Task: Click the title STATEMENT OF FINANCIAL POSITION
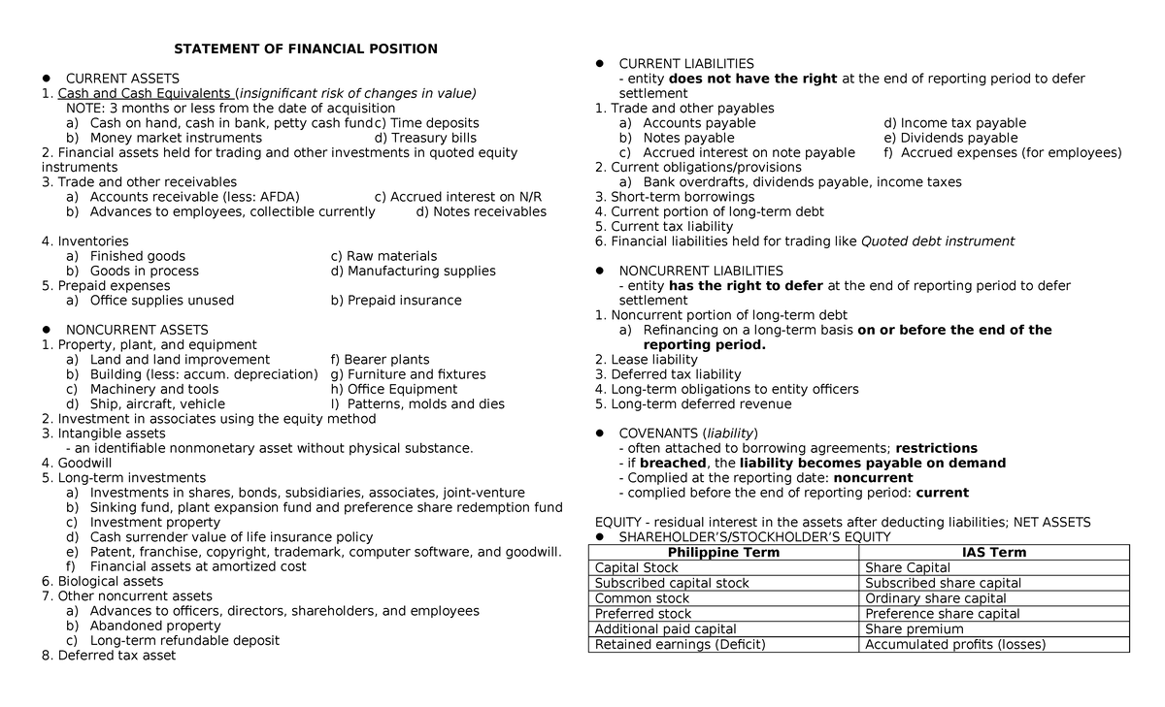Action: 306,48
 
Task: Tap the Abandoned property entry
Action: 154,627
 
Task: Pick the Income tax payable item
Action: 954,123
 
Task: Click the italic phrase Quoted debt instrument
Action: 938,241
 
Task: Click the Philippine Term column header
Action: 724,553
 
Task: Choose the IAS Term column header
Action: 994,553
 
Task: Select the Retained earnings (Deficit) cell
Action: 680,645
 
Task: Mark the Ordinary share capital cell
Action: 929,598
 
